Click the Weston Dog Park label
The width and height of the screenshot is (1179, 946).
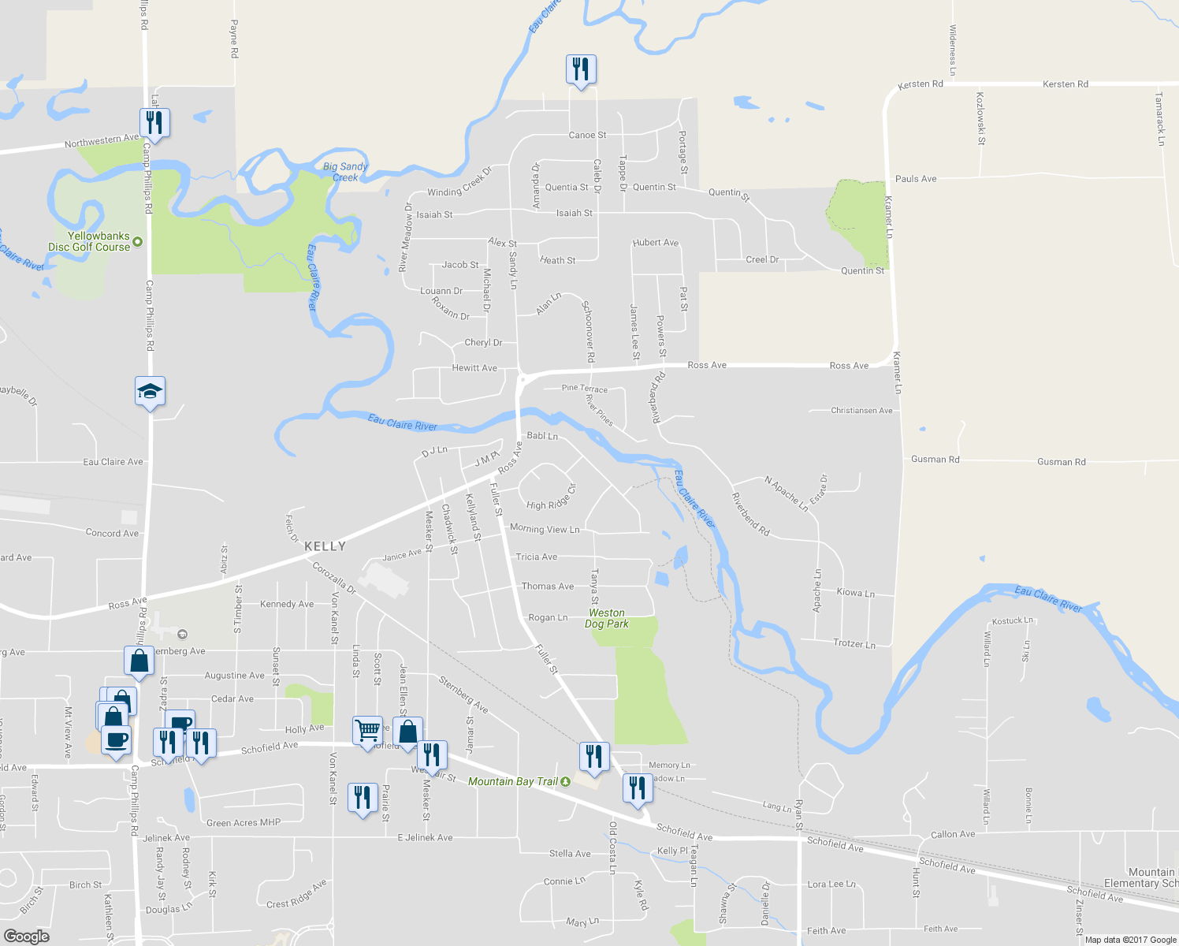click(x=607, y=618)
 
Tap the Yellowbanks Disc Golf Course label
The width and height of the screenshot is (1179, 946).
click(x=89, y=241)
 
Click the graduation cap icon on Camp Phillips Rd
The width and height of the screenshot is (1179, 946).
click(x=150, y=391)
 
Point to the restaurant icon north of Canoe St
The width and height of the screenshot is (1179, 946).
click(x=581, y=69)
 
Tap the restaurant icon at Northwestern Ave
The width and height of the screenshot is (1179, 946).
click(x=154, y=123)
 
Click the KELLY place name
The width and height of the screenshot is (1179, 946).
click(x=325, y=546)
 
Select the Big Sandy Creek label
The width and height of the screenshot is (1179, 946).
click(x=345, y=172)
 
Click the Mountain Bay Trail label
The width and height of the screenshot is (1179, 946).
click(x=513, y=781)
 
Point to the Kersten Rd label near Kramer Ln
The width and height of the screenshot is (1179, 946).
click(x=921, y=84)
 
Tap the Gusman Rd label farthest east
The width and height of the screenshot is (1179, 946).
click(x=1061, y=462)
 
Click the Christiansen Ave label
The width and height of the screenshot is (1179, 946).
click(x=861, y=411)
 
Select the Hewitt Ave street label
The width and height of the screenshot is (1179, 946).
click(x=474, y=368)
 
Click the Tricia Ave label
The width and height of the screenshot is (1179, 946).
click(x=536, y=557)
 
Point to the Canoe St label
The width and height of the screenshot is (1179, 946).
click(x=587, y=136)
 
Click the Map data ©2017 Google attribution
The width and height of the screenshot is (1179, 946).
click(x=1130, y=940)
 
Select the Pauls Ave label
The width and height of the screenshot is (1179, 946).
click(x=916, y=179)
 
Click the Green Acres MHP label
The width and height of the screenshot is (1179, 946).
click(x=243, y=823)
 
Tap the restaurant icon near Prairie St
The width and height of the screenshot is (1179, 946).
click(x=362, y=798)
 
